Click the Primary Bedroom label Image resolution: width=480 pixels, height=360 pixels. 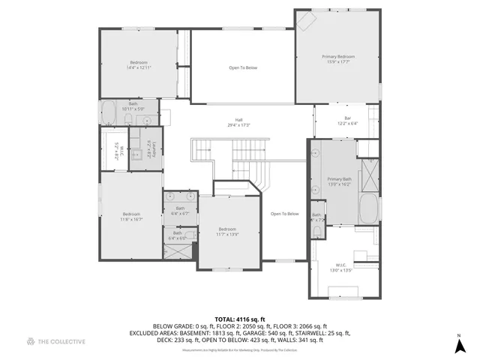(338, 59)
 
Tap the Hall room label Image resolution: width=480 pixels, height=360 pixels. (239, 121)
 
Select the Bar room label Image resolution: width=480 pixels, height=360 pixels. (347, 120)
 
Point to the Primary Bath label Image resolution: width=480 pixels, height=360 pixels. (339, 181)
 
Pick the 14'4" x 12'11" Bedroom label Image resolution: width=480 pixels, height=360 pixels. (139, 64)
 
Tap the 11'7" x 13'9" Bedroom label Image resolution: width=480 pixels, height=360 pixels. (227, 231)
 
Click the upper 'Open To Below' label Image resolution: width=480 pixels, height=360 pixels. (243, 68)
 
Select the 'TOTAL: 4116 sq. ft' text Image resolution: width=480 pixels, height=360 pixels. (240, 319)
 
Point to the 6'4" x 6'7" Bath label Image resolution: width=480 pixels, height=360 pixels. (180, 211)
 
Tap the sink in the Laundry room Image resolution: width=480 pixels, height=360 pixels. (138, 155)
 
